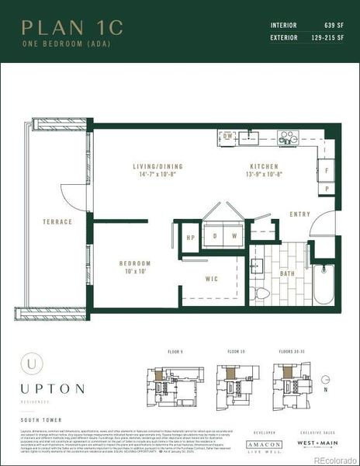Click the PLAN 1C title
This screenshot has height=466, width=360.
point(72,28)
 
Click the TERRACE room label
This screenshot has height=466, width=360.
point(57,221)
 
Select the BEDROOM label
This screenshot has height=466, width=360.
point(135,263)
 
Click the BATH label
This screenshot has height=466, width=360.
point(288,273)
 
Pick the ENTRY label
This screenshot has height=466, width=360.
point(299,214)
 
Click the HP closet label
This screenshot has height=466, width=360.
point(190,238)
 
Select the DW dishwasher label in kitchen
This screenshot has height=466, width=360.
point(228,135)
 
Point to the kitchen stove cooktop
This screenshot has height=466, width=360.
point(288,139)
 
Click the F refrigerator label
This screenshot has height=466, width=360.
point(327,169)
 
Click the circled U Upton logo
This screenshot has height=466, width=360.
point(30,363)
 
